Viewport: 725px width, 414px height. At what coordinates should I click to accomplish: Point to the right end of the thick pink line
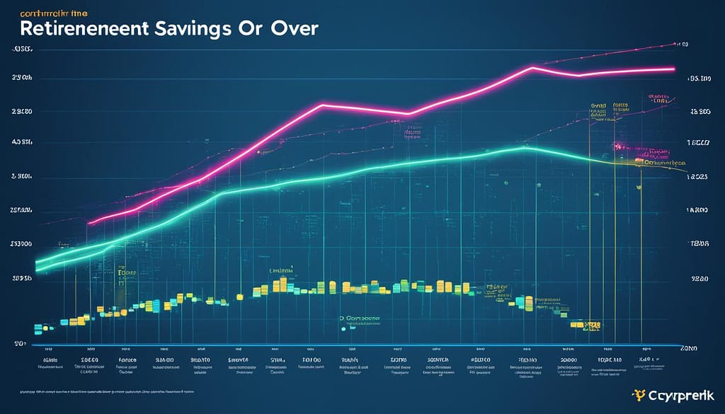pyautogui.click(x=673, y=69)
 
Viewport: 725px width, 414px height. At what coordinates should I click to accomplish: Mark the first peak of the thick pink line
pyautogui.click(x=322, y=105)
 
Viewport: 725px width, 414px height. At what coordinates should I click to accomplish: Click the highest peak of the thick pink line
pyautogui.click(x=532, y=69)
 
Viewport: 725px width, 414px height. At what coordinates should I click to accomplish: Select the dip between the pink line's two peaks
pyautogui.click(x=407, y=114)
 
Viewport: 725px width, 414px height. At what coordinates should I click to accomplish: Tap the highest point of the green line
pyautogui.click(x=524, y=148)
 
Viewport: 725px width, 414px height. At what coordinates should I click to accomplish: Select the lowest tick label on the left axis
pyautogui.click(x=19, y=343)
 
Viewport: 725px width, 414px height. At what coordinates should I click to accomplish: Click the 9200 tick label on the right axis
pyautogui.click(x=700, y=280)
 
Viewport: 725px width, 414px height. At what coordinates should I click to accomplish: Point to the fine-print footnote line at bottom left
pyautogui.click(x=106, y=391)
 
